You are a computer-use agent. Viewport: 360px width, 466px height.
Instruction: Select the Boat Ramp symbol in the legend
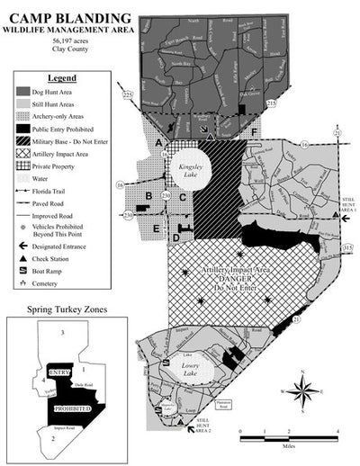tap(22, 269)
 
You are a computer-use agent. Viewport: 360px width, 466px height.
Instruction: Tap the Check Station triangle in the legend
tap(22, 256)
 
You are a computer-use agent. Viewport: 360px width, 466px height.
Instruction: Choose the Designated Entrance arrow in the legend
tap(22, 244)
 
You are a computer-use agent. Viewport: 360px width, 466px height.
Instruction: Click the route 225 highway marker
tap(127, 94)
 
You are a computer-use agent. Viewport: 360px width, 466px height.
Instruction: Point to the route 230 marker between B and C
tap(165, 196)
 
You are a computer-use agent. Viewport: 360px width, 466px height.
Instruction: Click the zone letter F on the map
tap(255, 133)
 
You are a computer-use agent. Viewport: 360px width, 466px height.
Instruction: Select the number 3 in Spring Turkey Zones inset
tap(63, 334)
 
